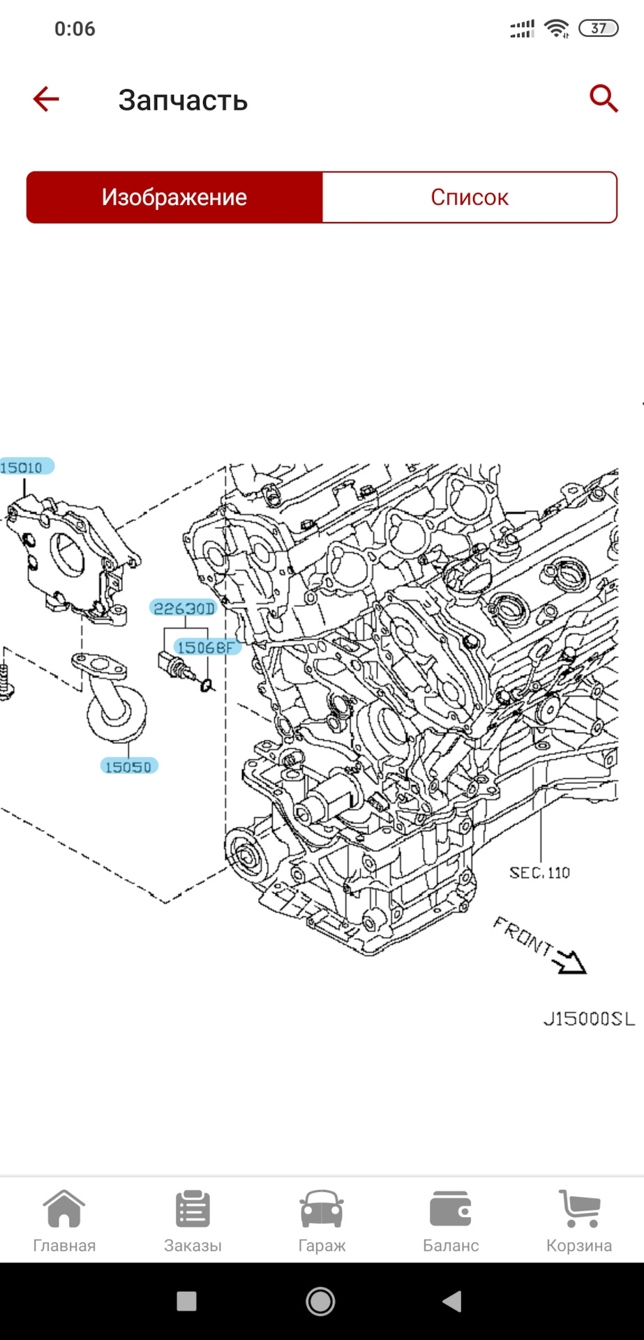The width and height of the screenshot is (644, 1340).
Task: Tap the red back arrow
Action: click(46, 99)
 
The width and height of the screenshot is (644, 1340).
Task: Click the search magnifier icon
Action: click(604, 98)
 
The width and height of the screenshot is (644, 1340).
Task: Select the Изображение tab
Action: click(174, 198)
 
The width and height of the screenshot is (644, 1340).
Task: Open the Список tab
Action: click(470, 198)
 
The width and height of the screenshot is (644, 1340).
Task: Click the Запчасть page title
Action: click(183, 100)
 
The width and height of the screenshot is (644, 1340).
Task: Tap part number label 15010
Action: click(23, 467)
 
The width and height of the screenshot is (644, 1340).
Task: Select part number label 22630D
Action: click(184, 609)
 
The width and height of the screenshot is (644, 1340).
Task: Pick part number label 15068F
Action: click(206, 648)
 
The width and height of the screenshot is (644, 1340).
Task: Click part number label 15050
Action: click(128, 766)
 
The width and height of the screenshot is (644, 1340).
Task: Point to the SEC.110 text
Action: click(539, 872)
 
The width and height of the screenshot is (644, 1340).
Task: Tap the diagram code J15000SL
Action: click(589, 1019)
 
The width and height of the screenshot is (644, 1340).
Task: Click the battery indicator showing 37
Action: click(598, 29)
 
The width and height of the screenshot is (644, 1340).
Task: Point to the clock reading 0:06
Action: click(75, 29)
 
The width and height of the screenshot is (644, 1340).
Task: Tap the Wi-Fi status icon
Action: click(556, 29)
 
